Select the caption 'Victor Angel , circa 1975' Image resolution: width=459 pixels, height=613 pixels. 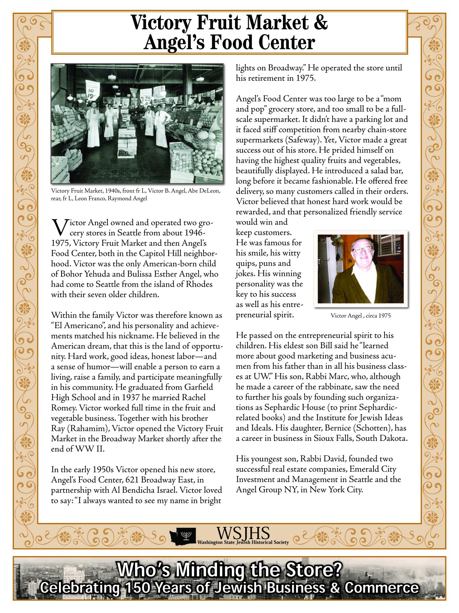coord(361,316)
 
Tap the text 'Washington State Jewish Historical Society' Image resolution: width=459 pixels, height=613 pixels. coord(243,542)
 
